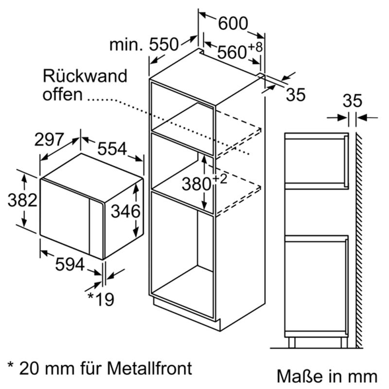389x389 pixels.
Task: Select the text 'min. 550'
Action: point(144,45)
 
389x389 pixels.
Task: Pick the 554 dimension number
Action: point(112,149)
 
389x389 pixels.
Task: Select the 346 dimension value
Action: point(125,211)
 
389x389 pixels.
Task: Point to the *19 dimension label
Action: point(101,299)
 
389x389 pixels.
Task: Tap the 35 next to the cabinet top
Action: point(295,95)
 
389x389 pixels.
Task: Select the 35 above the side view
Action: point(353,101)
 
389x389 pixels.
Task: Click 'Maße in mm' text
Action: point(327,376)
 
